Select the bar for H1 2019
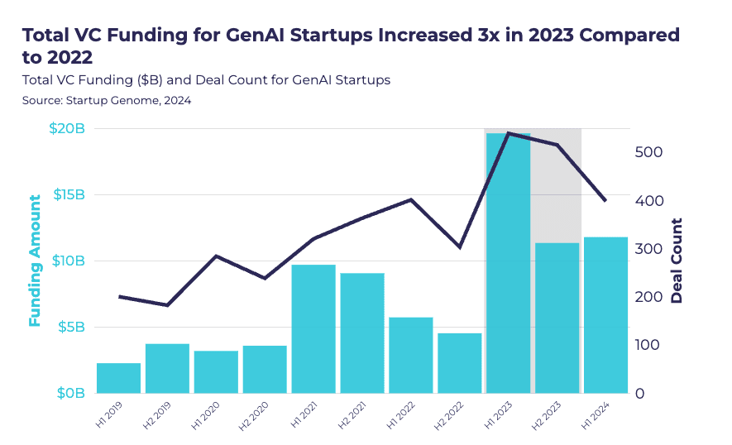pyautogui.click(x=118, y=378)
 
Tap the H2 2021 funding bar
pyautogui.click(x=362, y=333)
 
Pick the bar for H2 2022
pyautogui.click(x=459, y=363)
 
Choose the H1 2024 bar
pyautogui.click(x=605, y=315)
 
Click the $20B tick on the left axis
pyautogui.click(x=66, y=129)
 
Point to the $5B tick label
pyautogui.click(x=69, y=327)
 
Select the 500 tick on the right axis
pyautogui.click(x=651, y=153)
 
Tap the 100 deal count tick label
pyautogui.click(x=651, y=345)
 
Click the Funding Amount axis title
pyautogui.click(x=35, y=261)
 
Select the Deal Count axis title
pyautogui.click(x=677, y=261)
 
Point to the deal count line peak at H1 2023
pyautogui.click(x=508, y=133)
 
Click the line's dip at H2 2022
pyautogui.click(x=459, y=247)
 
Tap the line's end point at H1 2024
pyautogui.click(x=605, y=201)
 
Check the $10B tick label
pyautogui.click(x=66, y=261)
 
